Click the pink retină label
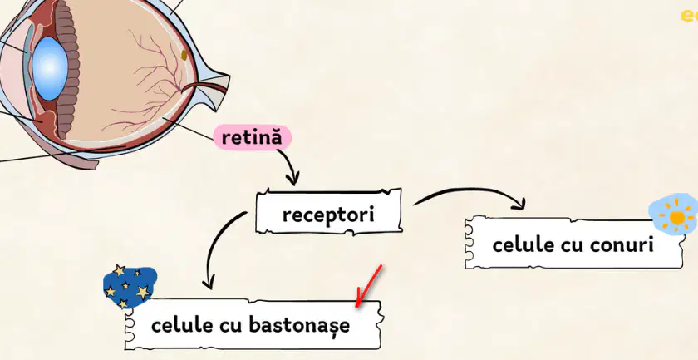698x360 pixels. coord(252,137)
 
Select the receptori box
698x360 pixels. coord(329,211)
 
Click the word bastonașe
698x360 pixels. coord(299,325)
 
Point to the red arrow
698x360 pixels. coord(369,286)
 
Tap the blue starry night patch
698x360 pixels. coord(129,287)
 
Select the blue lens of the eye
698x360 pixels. coord(50,68)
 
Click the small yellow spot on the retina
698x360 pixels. coord(184,55)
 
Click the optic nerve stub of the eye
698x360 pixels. coord(209,88)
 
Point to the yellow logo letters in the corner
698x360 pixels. coord(690,16)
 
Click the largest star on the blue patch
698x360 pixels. coord(143,293)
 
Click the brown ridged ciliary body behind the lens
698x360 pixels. coord(67,72)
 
